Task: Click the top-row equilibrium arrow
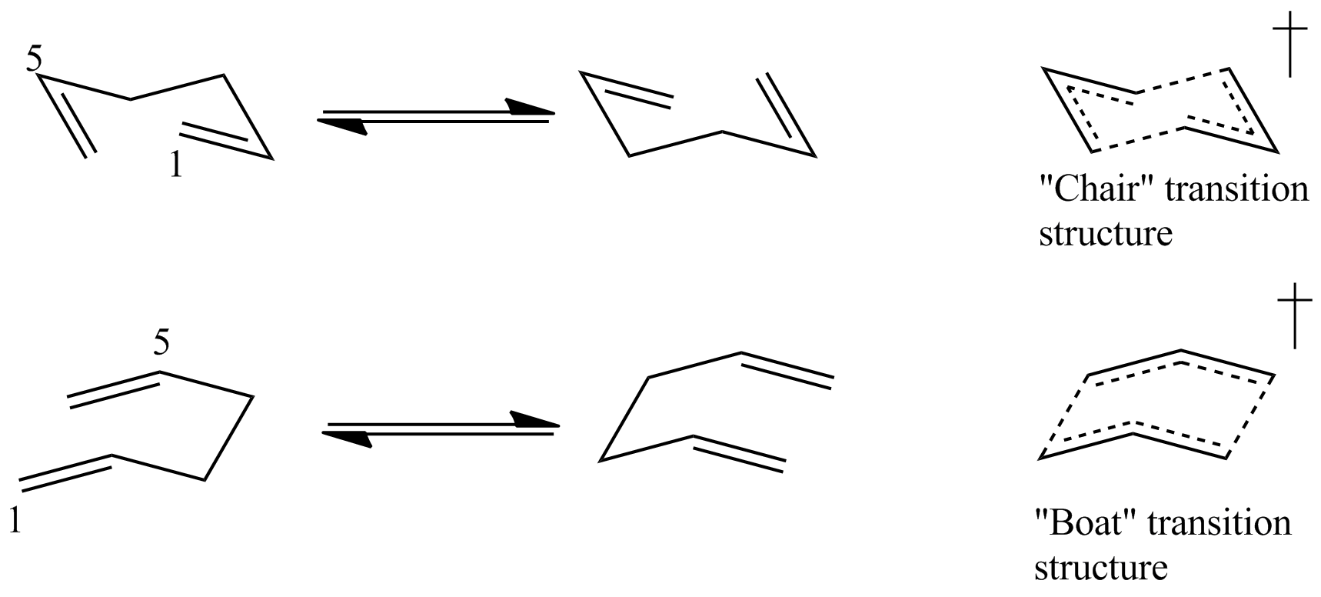click(436, 117)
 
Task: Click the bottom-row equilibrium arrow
click(439, 429)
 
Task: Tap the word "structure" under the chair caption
click(1106, 233)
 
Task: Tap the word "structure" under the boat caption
click(1101, 568)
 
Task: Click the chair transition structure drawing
click(1160, 110)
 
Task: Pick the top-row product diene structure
click(697, 115)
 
